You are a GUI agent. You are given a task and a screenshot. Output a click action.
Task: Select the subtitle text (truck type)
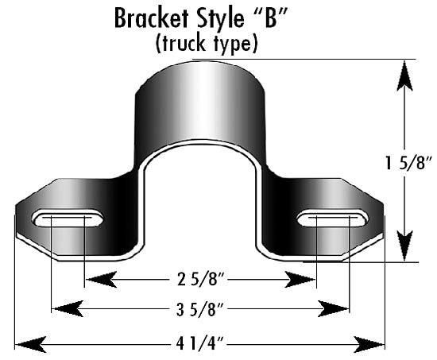[207, 44]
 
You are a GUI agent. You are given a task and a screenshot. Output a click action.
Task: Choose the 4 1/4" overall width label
[199, 344]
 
